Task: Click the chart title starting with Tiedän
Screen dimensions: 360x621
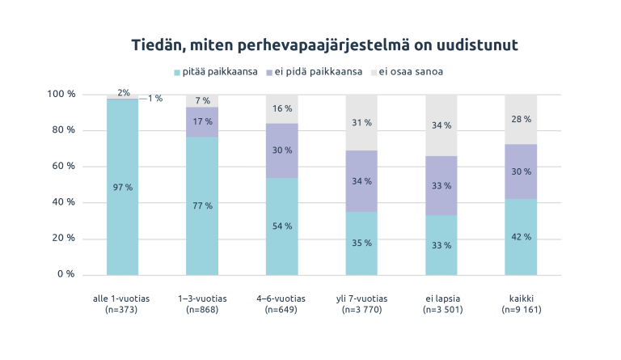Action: point(324,45)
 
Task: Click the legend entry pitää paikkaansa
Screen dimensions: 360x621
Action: point(215,72)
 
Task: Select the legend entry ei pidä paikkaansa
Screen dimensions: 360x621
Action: point(315,72)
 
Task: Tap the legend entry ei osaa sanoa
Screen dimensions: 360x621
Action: point(412,72)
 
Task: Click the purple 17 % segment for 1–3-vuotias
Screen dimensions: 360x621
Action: point(202,122)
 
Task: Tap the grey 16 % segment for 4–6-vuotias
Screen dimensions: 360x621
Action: point(281,109)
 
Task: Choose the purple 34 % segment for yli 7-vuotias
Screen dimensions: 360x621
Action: point(361,181)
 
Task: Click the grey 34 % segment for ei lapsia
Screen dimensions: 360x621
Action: point(441,125)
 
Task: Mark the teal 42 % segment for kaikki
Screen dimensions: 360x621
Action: point(521,236)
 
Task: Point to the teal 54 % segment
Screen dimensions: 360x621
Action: point(281,227)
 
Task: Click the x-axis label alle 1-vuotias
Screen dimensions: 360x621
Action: point(122,304)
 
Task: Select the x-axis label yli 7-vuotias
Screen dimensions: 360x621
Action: point(361,304)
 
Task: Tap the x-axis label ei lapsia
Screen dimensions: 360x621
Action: point(441,304)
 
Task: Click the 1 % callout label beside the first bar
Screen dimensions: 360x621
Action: point(155,99)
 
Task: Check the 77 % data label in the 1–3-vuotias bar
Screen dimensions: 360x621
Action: point(202,205)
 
